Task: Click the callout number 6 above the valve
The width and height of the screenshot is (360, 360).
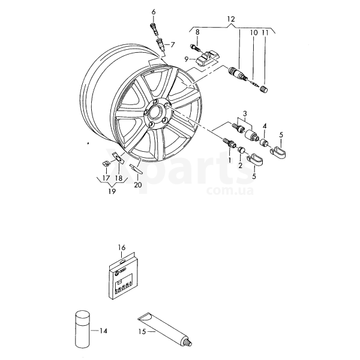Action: (x=154, y=12)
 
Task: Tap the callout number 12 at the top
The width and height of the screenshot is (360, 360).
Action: (x=231, y=19)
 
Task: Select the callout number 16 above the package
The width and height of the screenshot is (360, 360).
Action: (x=122, y=247)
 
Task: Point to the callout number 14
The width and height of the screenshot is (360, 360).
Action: (x=103, y=331)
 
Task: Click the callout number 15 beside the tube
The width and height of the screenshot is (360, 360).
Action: (x=142, y=332)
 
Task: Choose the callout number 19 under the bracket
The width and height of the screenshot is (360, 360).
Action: (x=112, y=191)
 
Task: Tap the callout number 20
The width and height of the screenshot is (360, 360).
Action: (x=138, y=185)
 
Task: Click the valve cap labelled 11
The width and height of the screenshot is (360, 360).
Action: (x=263, y=89)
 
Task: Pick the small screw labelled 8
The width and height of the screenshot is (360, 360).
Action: (x=194, y=48)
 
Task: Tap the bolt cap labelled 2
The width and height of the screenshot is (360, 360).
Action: (x=241, y=150)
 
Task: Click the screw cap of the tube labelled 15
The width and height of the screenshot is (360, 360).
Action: (x=188, y=341)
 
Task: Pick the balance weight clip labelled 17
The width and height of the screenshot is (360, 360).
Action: (x=106, y=163)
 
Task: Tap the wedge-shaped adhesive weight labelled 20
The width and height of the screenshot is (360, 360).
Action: (x=136, y=169)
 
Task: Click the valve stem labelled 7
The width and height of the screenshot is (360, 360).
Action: (x=161, y=45)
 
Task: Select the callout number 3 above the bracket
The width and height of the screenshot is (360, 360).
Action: (x=245, y=113)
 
